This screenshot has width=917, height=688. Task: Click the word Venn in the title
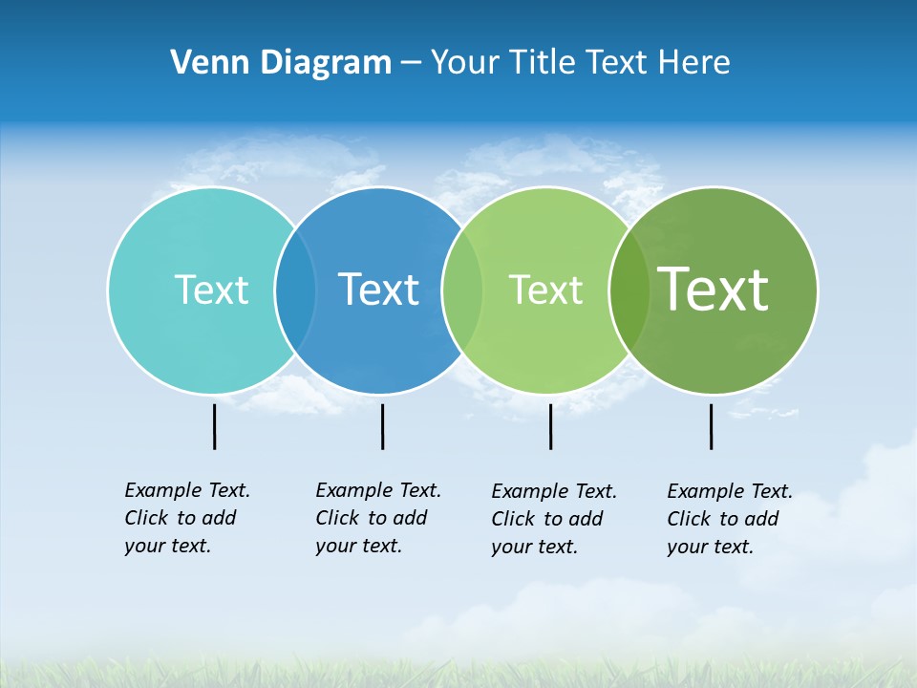point(203,62)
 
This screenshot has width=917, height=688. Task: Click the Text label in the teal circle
point(211,290)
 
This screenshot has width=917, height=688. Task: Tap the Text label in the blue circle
point(378,290)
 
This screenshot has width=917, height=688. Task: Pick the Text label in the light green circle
point(545,290)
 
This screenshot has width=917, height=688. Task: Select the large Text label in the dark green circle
point(714,289)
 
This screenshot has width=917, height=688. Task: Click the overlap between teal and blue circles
point(295,290)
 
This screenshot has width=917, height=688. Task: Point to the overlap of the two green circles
point(629,290)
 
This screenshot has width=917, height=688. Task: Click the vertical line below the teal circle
point(214,426)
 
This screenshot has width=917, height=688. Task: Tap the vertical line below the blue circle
point(382,426)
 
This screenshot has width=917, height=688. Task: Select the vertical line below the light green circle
point(550,426)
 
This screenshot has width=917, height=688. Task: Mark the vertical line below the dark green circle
point(711,426)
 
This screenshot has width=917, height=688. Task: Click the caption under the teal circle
point(187,518)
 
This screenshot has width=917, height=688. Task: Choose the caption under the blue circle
point(378,518)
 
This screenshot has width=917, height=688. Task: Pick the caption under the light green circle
point(554,519)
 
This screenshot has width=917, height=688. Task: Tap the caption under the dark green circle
point(730,519)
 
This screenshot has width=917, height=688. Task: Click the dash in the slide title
point(411,63)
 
